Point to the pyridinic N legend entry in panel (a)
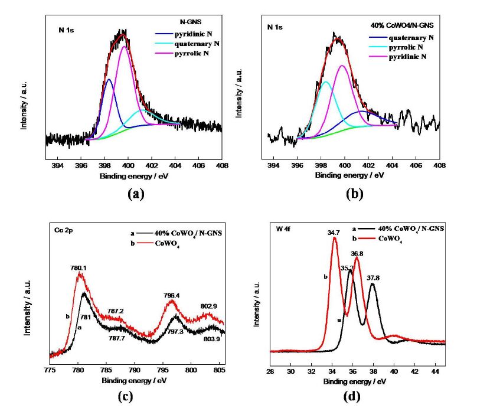(190, 34)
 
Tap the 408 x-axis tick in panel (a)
(221, 166)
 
